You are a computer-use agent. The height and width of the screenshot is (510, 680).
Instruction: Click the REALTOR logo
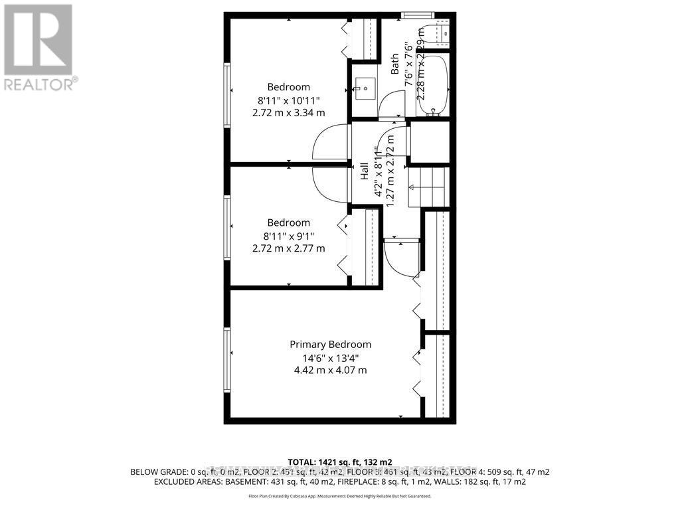[x=39, y=47]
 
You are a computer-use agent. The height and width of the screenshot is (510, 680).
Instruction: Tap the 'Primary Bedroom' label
[x=330, y=344]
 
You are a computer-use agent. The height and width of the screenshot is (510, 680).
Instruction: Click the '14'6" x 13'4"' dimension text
[x=330, y=358]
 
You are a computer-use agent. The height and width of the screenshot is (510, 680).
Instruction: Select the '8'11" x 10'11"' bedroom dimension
[x=289, y=100]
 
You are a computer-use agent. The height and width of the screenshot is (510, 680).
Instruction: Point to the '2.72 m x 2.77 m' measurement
[x=289, y=248]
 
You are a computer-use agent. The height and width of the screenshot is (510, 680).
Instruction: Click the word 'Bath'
[x=394, y=64]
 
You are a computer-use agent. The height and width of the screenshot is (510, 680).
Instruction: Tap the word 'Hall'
[x=365, y=172]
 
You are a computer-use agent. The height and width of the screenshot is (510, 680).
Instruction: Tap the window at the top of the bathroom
[x=418, y=15]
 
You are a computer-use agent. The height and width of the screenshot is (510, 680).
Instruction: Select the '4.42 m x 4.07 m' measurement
[x=330, y=371]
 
